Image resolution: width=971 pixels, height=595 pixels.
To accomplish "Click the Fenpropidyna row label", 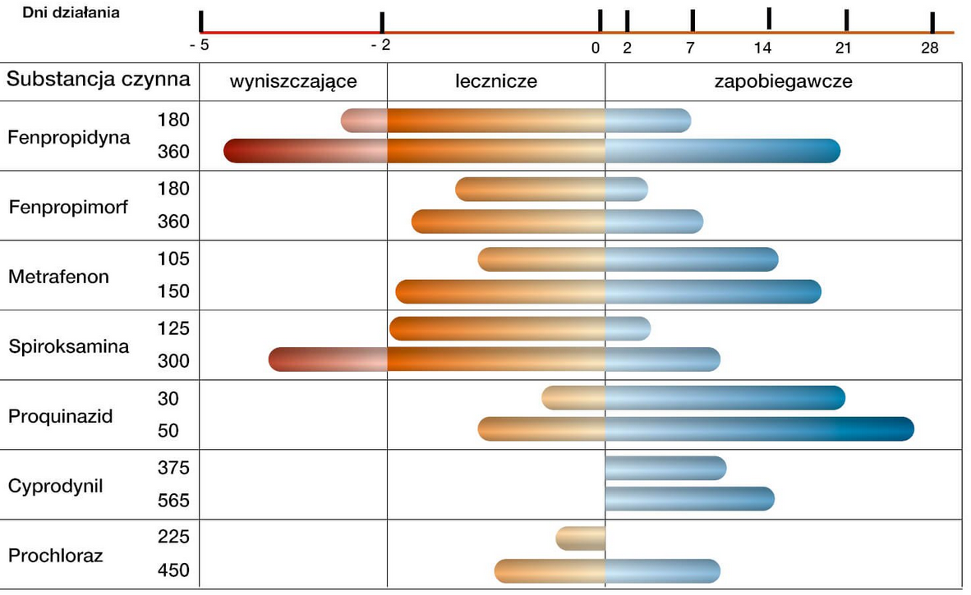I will pos(69,137).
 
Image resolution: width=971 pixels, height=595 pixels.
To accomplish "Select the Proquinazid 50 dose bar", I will pos(696,429).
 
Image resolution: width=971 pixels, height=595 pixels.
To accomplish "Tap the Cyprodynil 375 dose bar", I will pos(665,468).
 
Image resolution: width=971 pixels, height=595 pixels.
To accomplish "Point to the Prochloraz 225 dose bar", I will pos(581,538).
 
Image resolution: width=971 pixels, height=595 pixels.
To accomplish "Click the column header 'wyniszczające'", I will pos(293,81).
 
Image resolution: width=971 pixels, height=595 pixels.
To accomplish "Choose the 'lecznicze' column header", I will pos(496,81).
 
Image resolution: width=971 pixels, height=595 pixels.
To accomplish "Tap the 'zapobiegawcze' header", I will pos(783,81).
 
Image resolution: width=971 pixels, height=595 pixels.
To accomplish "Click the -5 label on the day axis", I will pos(200,46).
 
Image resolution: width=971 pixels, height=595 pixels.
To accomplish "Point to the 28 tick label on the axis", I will pos(930,48).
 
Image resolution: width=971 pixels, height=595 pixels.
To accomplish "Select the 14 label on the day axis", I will pos(762,48).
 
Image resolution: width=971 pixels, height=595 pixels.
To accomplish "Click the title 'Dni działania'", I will pos(71,13).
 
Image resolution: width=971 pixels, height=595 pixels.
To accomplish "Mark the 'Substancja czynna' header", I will pos(99,80).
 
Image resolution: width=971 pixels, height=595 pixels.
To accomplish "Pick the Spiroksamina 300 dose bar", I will pos(495,359).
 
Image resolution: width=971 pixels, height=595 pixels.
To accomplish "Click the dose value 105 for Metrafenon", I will pos(173,259).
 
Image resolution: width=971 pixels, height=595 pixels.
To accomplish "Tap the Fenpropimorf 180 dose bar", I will pos(551,190).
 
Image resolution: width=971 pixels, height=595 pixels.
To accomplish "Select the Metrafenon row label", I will pos(58,277).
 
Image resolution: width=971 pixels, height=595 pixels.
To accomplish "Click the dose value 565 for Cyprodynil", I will pos(173,501).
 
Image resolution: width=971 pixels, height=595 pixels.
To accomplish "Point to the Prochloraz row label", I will pos(56,556).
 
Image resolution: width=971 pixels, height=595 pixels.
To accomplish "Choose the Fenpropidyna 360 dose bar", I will pos(532,151).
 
